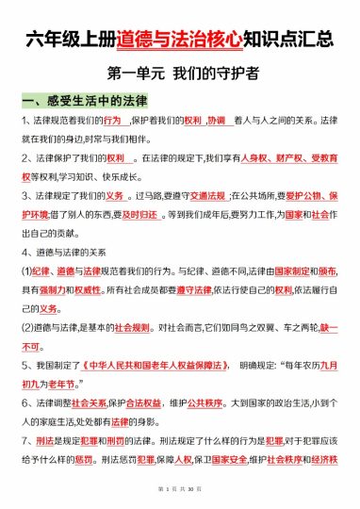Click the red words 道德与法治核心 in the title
tap(180, 40)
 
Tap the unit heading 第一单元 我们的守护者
tap(180, 73)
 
